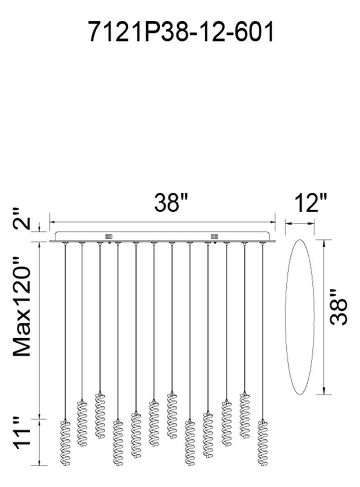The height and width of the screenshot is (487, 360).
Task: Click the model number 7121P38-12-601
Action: [181, 31]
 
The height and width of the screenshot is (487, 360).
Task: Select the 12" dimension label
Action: [311, 203]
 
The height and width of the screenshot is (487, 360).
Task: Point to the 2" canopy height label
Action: [22, 219]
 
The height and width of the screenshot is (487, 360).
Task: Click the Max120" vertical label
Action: [22, 306]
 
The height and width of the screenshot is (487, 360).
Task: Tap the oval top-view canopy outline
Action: [285, 317]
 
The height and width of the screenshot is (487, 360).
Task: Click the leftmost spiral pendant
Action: [65, 443]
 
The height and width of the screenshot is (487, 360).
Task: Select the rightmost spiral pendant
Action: [263, 443]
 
